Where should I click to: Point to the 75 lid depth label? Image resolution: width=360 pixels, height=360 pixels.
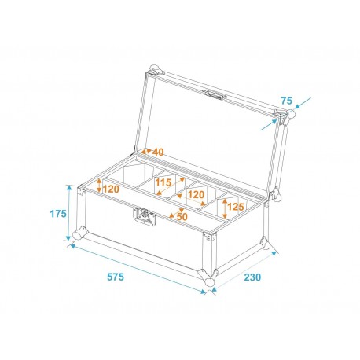pos(285,101)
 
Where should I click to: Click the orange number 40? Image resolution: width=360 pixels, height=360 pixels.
pos(158,152)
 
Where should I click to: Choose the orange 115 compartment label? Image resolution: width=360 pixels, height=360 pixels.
pos(163,182)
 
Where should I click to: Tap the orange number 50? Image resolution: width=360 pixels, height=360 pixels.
pos(182,216)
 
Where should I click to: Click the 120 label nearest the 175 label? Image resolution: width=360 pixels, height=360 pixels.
pos(109,189)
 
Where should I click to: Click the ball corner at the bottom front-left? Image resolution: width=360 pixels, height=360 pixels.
pos(79,234)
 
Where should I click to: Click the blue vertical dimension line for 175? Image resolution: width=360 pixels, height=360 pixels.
pos(70,214)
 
